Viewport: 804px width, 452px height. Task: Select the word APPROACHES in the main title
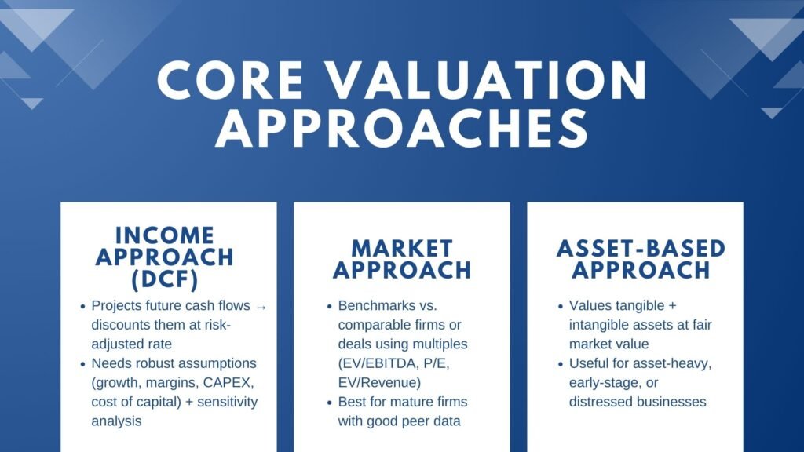(x=402, y=130)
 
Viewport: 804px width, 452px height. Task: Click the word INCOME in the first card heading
(x=164, y=235)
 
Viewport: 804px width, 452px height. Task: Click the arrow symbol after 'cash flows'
(x=261, y=306)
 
